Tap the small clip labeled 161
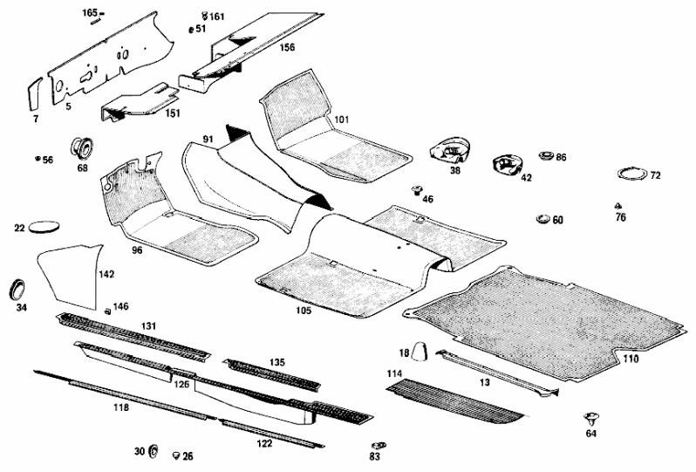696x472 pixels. [204, 16]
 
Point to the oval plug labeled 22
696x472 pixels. [45, 227]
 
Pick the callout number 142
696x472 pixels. [106, 274]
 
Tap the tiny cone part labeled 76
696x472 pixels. [618, 206]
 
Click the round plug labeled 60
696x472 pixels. [541, 218]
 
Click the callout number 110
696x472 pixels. [631, 359]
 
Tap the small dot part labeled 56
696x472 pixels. [38, 159]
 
